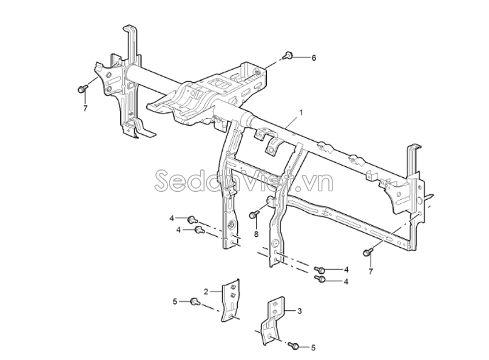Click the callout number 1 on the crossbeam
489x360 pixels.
[x=301, y=113]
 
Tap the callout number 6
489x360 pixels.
[x=314, y=58]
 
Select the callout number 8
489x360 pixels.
[x=256, y=234]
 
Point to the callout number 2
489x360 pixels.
[x=206, y=291]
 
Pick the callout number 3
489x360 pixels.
[x=300, y=311]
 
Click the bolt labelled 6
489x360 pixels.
[x=288, y=56]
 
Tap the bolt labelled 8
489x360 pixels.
[x=254, y=214]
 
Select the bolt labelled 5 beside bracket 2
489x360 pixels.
[x=195, y=302]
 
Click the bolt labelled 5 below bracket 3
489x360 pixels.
[x=294, y=345]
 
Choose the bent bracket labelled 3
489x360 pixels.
[x=272, y=321]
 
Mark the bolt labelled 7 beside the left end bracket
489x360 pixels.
[x=83, y=89]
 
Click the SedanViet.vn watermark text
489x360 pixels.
[x=244, y=181]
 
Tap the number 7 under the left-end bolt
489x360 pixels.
[x=85, y=108]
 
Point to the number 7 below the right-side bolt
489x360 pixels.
[x=371, y=272]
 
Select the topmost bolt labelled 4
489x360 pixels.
[x=192, y=220]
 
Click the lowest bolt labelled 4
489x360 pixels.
[x=320, y=279]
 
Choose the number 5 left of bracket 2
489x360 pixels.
[x=175, y=301]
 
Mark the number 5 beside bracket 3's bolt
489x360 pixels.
[x=314, y=347]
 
